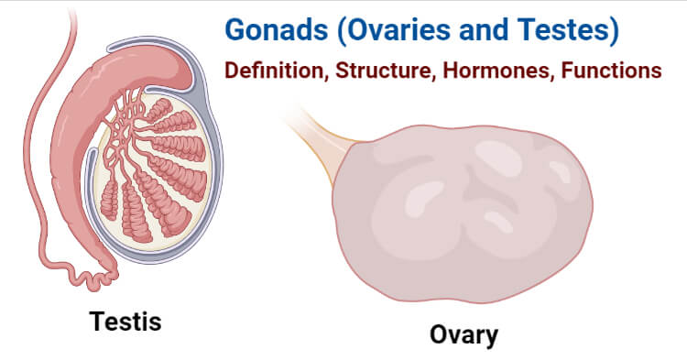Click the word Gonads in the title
(x=277, y=30)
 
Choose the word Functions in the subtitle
(x=612, y=71)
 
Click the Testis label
(x=125, y=321)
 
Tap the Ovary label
(x=463, y=335)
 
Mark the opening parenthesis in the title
(x=342, y=30)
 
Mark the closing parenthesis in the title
(x=615, y=30)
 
